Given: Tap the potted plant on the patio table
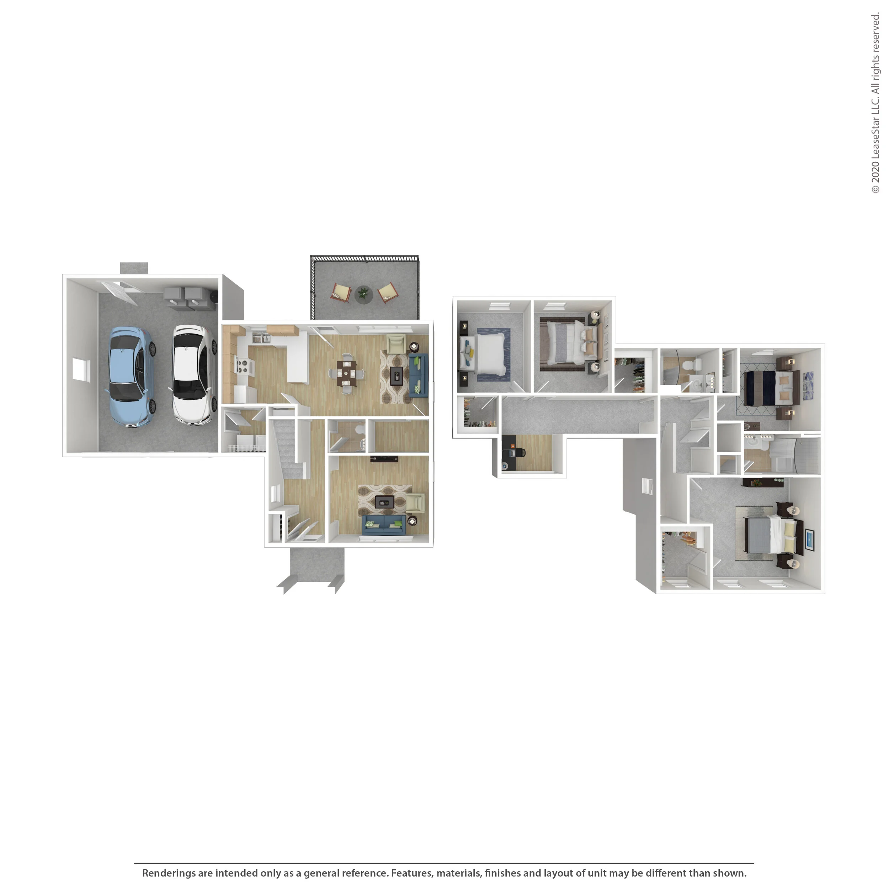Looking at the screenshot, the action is pyautogui.click(x=363, y=293).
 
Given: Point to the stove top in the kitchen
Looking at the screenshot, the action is pyautogui.click(x=243, y=366).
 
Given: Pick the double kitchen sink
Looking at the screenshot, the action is pyautogui.click(x=261, y=338).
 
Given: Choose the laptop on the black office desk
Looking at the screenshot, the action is pyautogui.click(x=513, y=447).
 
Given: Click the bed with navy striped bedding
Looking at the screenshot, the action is pyautogui.click(x=768, y=388).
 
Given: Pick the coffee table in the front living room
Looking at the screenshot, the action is pyautogui.click(x=385, y=502).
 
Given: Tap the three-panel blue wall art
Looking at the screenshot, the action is pyautogui.click(x=809, y=382).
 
